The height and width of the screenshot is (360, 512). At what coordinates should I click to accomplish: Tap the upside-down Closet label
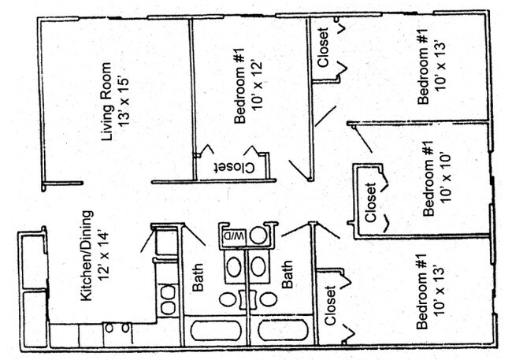(x=234, y=166)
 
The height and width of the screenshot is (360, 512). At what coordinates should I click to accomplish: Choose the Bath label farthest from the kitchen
(x=288, y=276)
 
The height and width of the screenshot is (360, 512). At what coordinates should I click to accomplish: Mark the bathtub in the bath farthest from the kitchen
(x=283, y=330)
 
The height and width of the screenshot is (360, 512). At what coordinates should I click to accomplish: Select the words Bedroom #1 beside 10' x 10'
(x=430, y=184)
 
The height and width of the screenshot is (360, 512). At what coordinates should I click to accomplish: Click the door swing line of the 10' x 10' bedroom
(x=363, y=139)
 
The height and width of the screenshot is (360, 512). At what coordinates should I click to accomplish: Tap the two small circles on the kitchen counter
(x=118, y=327)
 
